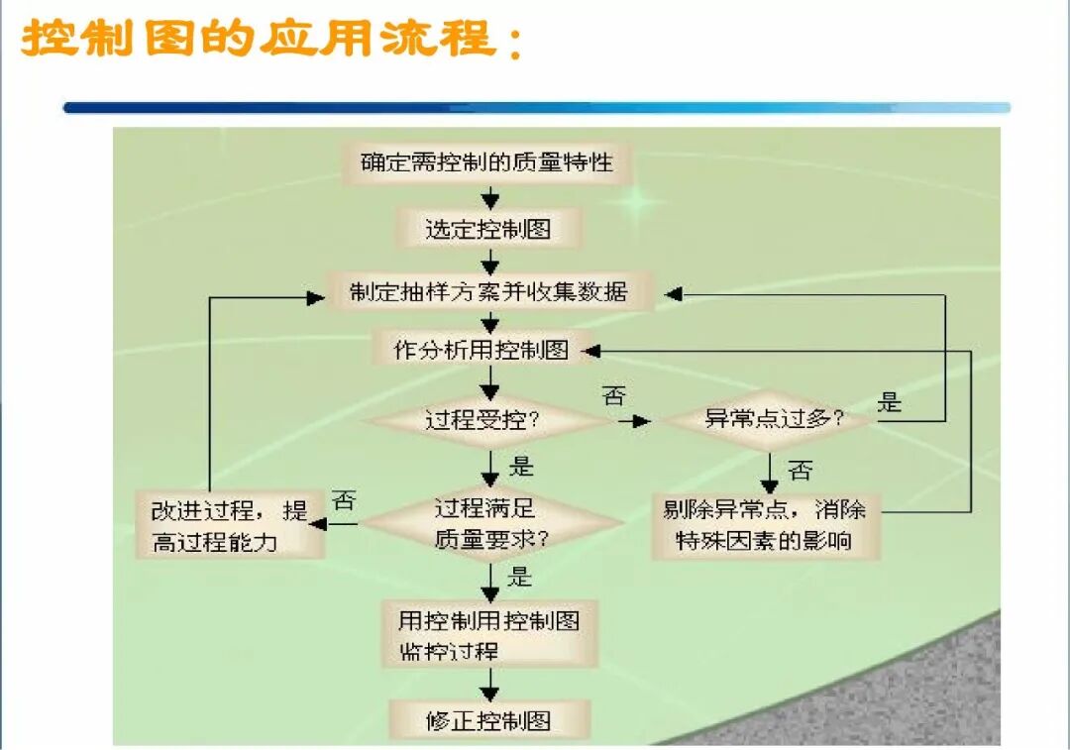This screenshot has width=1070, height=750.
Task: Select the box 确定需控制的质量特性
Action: pos(486,162)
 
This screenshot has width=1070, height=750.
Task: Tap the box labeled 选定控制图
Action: pos(487,230)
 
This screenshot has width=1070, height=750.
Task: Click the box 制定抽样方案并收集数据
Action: pos(488,293)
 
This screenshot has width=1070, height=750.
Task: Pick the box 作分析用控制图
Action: pos(481,350)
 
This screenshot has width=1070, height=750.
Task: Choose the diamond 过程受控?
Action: pos(482,419)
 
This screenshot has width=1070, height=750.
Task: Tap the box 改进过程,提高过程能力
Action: pos(229,526)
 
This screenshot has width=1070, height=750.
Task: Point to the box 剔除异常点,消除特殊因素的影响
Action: pos(764,525)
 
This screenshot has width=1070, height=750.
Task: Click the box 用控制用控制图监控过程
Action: pos(488,635)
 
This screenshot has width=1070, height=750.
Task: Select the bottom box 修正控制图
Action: pos(488,720)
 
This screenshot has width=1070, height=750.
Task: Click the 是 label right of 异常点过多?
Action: pos(891,402)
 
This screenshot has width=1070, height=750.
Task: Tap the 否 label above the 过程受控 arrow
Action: pos(614,397)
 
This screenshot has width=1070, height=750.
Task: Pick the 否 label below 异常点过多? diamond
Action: pos(801,471)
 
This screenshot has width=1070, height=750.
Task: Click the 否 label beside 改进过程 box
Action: pos(345,501)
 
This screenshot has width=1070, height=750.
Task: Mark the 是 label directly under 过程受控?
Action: pos(521,466)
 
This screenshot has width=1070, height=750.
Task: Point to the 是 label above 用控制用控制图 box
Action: pos(520,577)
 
